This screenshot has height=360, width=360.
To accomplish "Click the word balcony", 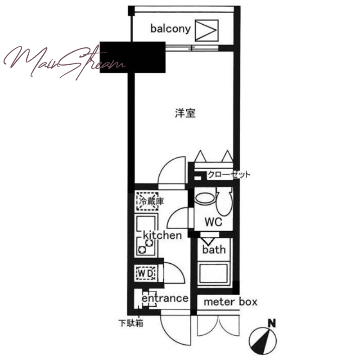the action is [x=171, y=29].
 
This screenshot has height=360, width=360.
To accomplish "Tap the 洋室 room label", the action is [x=185, y=113].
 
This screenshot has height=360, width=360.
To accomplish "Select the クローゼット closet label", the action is [x=229, y=175].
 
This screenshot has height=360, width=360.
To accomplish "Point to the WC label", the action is [x=213, y=222].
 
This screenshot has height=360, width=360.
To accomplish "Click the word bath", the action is [x=214, y=249].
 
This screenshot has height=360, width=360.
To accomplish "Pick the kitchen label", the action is [x=162, y=235].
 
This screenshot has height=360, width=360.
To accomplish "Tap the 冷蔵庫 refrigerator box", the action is [x=148, y=201].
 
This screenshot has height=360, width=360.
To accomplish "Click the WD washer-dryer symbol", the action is [x=145, y=273].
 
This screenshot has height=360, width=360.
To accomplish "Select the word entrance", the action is [x=165, y=298].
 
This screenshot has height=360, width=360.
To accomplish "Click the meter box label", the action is [x=230, y=302].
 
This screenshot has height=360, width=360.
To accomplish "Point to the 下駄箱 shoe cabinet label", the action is [x=131, y=323].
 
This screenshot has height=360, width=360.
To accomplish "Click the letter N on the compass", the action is [x=272, y=324].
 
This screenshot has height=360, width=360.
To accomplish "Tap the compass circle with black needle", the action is [x=263, y=341].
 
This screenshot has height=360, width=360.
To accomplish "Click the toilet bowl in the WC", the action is [x=224, y=201].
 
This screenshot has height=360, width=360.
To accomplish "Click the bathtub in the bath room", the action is [x=213, y=274].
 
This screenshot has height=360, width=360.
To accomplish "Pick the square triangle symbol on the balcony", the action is [x=207, y=31].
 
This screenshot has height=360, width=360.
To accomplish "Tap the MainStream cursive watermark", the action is [x=64, y=62].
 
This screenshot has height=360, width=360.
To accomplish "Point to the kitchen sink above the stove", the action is [x=147, y=223].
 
